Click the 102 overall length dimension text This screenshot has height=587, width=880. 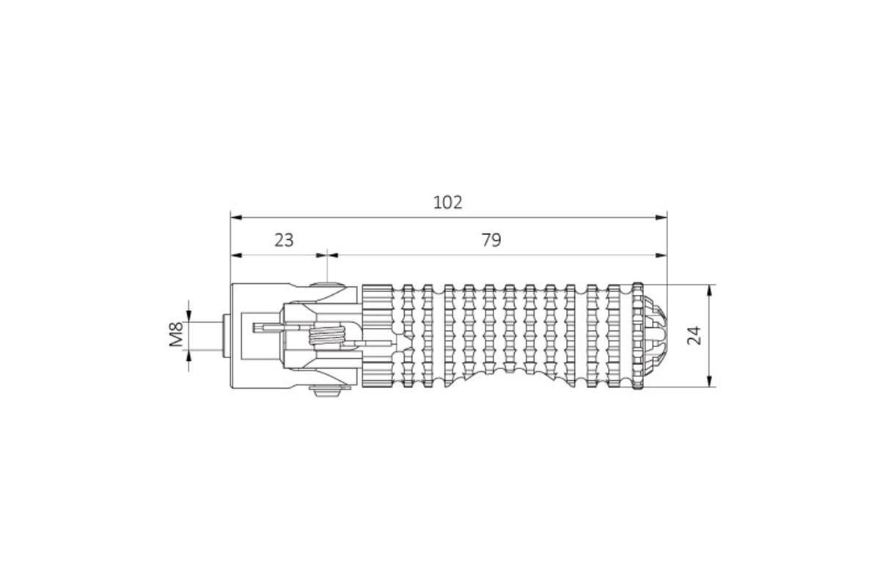[447, 203]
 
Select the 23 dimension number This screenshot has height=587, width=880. [284, 240]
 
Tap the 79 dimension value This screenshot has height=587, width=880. [491, 240]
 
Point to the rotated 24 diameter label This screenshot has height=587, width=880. [694, 335]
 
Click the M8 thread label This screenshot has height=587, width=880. [177, 334]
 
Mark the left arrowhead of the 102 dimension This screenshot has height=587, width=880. [235, 217]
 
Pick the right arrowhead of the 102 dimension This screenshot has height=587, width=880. [661, 217]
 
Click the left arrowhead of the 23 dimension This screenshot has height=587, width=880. [235, 255]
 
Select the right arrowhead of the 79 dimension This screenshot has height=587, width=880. [661, 255]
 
